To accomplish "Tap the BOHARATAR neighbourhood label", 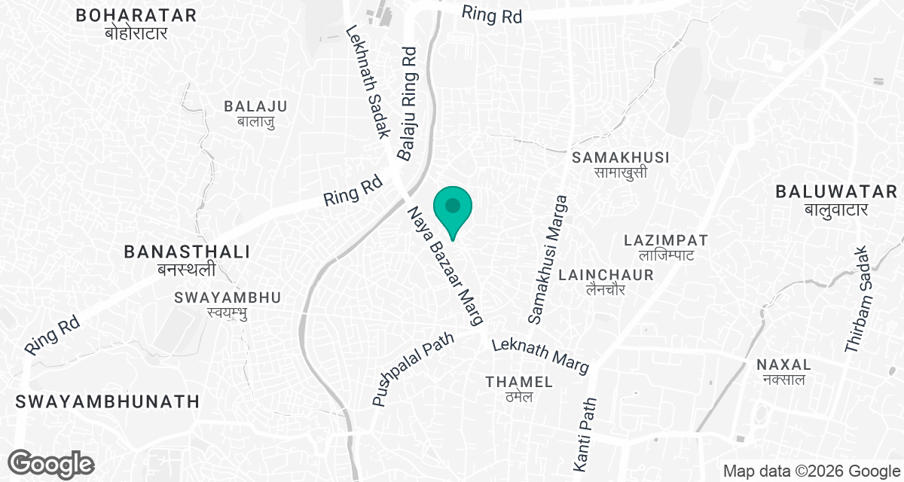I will [x=136, y=23].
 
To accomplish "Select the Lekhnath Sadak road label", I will [x=367, y=82].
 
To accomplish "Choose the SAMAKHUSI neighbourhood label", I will [x=621, y=164].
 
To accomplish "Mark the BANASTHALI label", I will [x=187, y=260].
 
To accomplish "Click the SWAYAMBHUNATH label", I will [x=105, y=401].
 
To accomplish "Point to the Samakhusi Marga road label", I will [x=548, y=261].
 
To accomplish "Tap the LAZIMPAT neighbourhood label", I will [x=666, y=247].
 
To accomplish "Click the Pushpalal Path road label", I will [x=414, y=369].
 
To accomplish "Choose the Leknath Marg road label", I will [x=539, y=355].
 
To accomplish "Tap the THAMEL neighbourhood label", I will [x=519, y=389].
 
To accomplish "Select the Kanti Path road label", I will [x=585, y=431].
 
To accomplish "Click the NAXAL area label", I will [x=783, y=371].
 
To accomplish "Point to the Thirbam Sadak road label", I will [x=858, y=299].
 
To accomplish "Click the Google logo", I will [x=51, y=464].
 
